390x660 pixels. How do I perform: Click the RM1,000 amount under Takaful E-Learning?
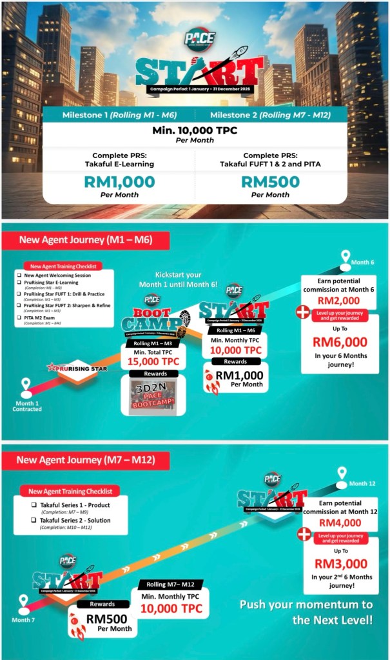(x=119, y=182)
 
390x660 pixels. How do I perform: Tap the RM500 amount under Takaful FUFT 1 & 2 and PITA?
(x=271, y=182)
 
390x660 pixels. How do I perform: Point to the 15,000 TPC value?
(x=153, y=362)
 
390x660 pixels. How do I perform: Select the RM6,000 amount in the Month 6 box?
(x=340, y=341)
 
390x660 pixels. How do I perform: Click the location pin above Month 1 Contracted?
(x=26, y=386)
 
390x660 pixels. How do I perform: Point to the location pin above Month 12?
(x=342, y=474)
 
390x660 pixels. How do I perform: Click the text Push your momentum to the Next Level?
(x=306, y=612)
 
